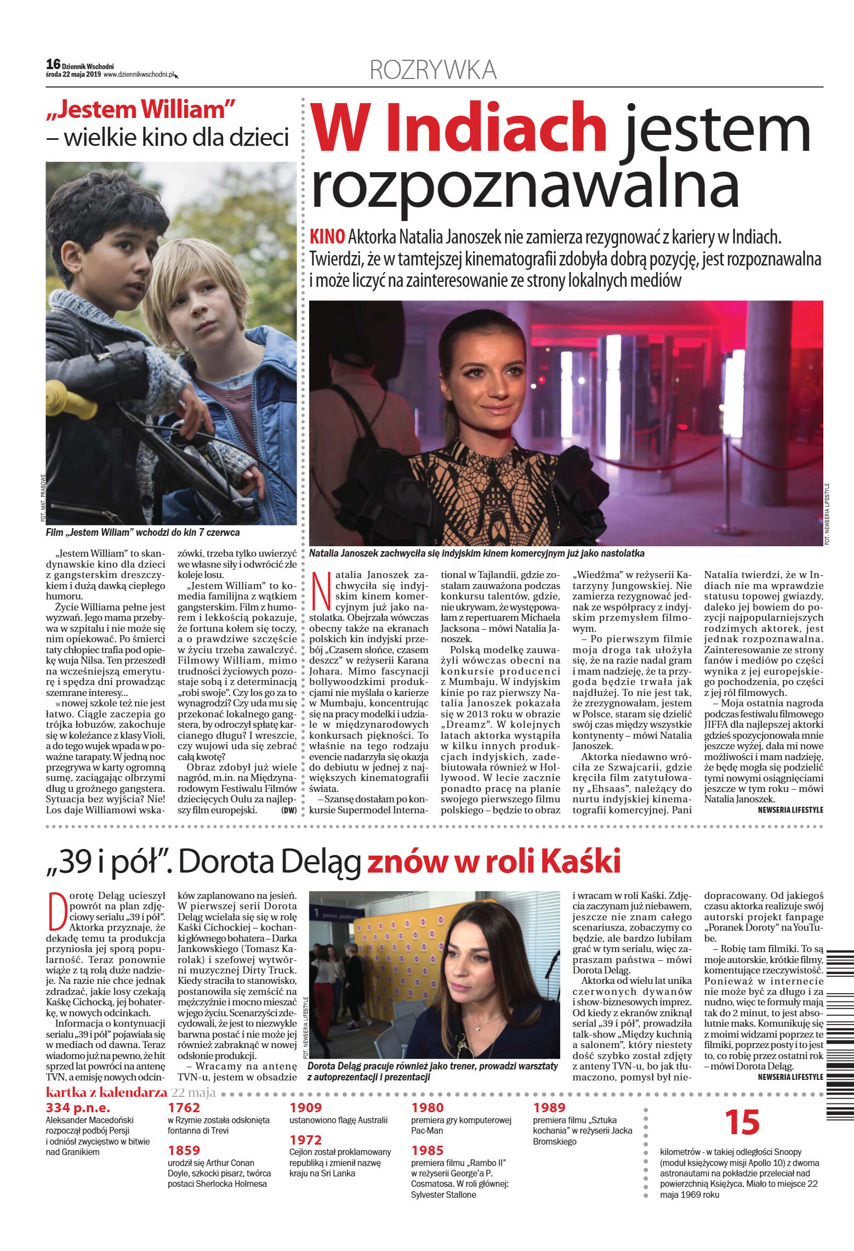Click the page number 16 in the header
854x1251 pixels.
(x=53, y=64)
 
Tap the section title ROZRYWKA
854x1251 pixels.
(x=433, y=70)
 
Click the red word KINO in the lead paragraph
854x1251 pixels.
(x=327, y=237)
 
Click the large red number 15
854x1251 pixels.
(x=742, y=1123)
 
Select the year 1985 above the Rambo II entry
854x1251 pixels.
(x=428, y=1151)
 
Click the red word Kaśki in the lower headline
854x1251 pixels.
(x=581, y=861)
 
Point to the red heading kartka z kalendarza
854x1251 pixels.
(x=106, y=1092)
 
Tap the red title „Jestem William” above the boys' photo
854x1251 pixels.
(x=141, y=110)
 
